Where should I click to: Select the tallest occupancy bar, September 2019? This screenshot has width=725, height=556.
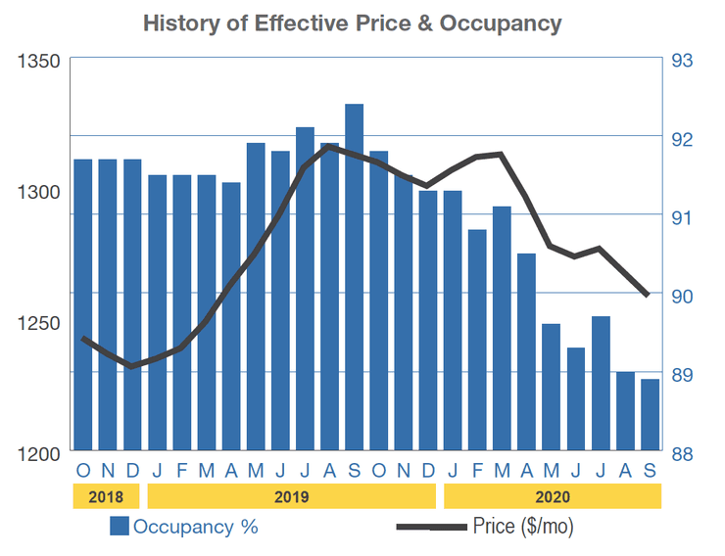(x=355, y=279)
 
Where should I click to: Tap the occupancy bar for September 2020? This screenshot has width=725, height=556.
(x=650, y=415)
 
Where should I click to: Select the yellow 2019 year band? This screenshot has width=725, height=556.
(x=292, y=497)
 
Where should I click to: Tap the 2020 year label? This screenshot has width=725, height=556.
(x=553, y=497)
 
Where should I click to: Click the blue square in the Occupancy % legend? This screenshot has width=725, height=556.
(x=120, y=527)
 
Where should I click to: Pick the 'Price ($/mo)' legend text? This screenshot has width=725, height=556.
(x=523, y=527)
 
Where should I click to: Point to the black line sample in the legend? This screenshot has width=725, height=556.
(x=430, y=528)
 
